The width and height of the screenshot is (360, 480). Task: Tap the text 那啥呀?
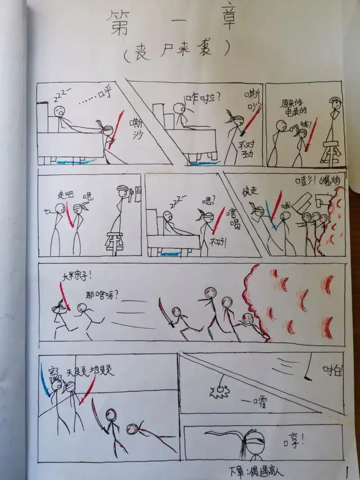click(102, 296)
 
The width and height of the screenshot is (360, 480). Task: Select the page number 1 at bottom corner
click(347, 472)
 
